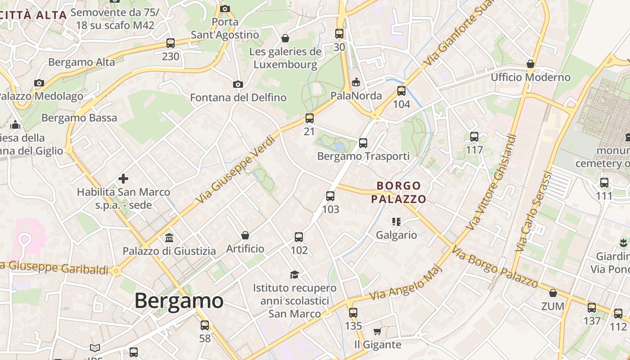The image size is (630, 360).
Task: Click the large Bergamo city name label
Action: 179,301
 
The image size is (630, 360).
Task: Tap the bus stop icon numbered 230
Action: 171,43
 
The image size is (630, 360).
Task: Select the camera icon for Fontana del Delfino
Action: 238,84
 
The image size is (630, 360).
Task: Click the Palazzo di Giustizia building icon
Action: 169,238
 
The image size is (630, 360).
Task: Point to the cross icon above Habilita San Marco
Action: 123,179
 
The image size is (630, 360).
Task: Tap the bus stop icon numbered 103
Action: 330,196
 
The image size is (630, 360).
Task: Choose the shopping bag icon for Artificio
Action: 245,235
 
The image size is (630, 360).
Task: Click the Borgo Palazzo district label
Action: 399,192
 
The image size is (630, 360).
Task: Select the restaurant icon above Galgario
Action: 396,221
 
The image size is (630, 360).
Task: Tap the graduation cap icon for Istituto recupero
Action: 294,274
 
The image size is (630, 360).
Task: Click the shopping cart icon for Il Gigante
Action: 377,332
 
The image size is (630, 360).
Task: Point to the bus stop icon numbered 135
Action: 353,312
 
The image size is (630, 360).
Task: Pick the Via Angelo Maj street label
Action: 406,283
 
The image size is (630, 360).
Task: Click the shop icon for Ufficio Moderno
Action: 531,64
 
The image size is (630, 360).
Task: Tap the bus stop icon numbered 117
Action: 474,137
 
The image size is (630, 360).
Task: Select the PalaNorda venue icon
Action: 356,82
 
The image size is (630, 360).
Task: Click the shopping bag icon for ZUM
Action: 553,293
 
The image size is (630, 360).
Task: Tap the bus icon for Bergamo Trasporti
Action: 363,143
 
